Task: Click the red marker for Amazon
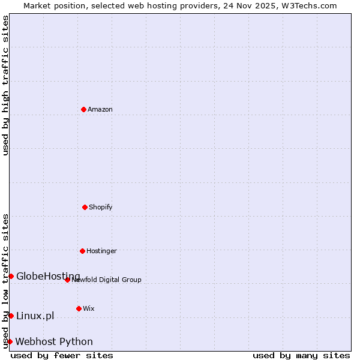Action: [83, 109]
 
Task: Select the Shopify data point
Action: [85, 207]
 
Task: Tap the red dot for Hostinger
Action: [82, 251]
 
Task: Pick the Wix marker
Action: [79, 308]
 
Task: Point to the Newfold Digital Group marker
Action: [67, 280]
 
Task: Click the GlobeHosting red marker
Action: [11, 276]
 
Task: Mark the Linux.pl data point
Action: [11, 316]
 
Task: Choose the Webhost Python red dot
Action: [10, 341]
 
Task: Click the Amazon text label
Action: [100, 109]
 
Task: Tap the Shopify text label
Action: [101, 207]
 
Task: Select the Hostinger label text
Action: [101, 251]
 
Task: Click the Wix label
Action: [89, 308]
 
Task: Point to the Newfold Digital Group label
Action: [107, 280]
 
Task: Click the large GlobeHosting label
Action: [48, 276]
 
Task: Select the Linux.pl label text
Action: [35, 316]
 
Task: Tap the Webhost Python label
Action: [54, 341]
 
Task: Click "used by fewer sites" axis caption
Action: [62, 355]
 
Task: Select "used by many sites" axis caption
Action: [301, 355]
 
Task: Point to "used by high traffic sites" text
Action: [5, 85]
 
